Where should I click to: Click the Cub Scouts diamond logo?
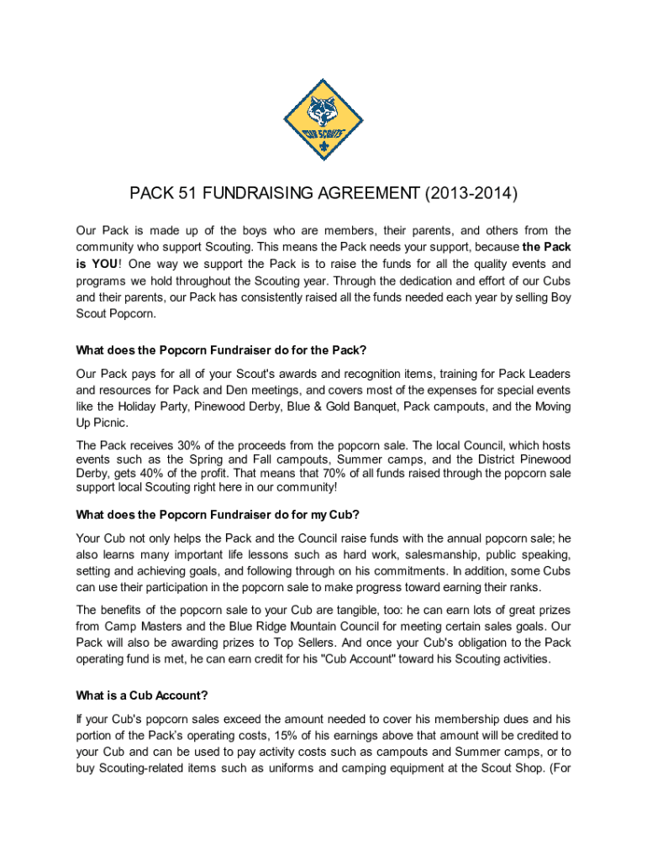pyautogui.click(x=323, y=120)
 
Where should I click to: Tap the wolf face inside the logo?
pyautogui.click(x=323, y=110)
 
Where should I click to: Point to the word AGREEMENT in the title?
pyautogui.click(x=368, y=195)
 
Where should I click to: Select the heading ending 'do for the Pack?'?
pyautogui.click(x=221, y=349)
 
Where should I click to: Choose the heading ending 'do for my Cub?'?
pyautogui.click(x=218, y=514)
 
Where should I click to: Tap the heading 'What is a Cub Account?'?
pyautogui.click(x=142, y=695)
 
